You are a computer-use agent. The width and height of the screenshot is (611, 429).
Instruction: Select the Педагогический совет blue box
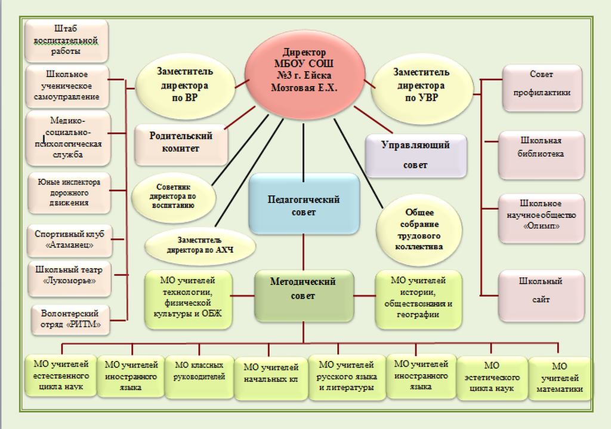pyautogui.click(x=304, y=204)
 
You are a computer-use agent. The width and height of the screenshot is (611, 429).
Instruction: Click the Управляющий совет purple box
pyautogui.click(x=415, y=155)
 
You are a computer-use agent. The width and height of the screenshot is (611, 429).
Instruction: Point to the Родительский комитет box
pyautogui.click(x=181, y=143)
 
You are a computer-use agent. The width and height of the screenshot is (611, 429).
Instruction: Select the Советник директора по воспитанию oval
pyautogui.click(x=172, y=195)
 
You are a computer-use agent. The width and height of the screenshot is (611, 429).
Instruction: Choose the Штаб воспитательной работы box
pyautogui.click(x=66, y=41)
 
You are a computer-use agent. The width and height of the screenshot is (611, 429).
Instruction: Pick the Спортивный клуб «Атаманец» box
pyautogui.click(x=69, y=240)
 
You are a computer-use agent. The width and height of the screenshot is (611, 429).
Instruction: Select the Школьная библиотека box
pyautogui.click(x=541, y=154)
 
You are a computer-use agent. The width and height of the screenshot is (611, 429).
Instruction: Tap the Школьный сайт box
pyautogui.click(x=541, y=291)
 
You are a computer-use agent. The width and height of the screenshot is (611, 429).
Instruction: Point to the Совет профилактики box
pyautogui.click(x=541, y=88)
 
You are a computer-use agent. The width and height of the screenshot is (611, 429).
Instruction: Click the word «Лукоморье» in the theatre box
pyautogui.click(x=70, y=281)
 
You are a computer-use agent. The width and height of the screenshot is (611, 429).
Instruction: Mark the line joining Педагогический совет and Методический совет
pyautogui.click(x=304, y=251)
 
